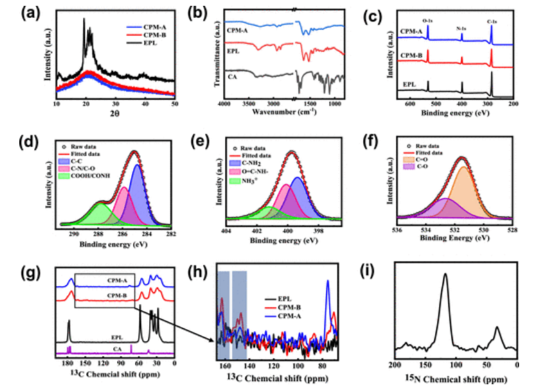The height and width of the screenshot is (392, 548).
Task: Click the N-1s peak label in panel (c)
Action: tap(461, 29)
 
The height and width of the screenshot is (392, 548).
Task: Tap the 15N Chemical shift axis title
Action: tap(455, 377)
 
